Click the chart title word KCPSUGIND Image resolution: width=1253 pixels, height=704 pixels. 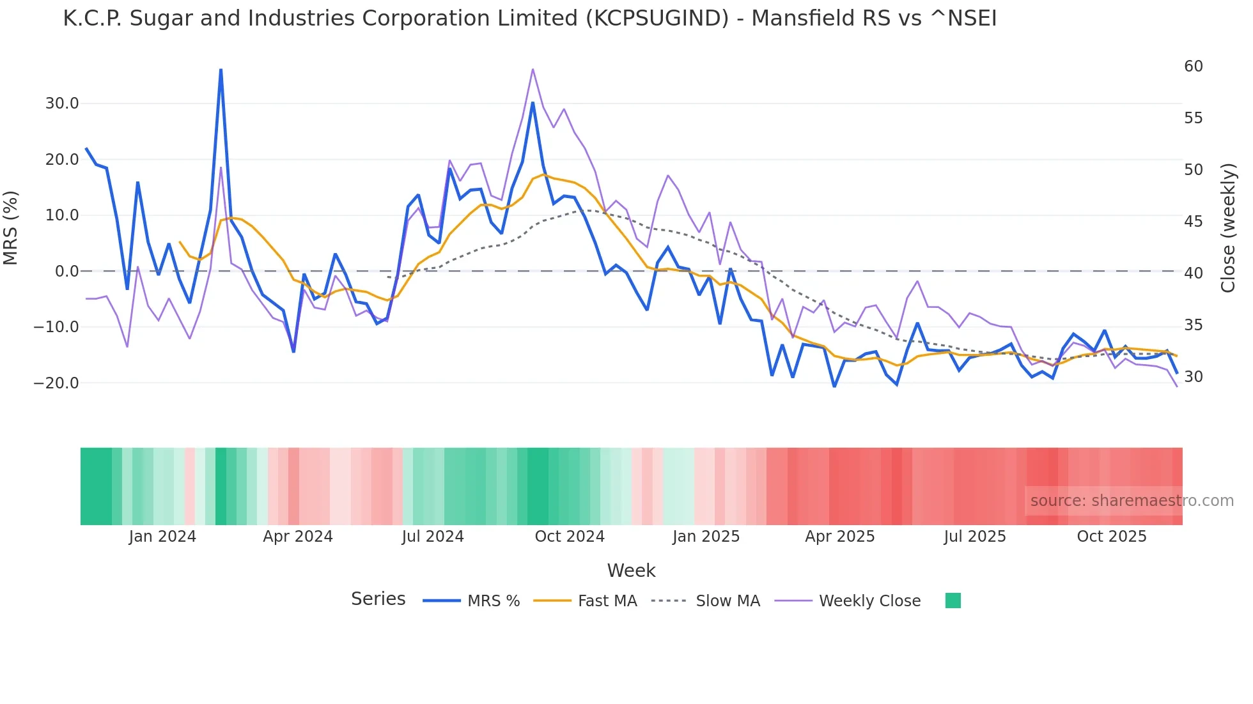coord(657,19)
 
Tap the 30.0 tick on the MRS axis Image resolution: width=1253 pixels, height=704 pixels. coord(61,103)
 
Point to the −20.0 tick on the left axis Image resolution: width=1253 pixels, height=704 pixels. coord(56,383)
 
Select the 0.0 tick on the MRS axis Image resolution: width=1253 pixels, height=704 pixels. coord(66,272)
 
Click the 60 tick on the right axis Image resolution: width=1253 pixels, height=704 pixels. coord(1193,66)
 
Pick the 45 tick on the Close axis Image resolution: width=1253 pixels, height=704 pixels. coord(1193,222)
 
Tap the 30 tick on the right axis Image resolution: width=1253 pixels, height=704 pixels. coord(1193,377)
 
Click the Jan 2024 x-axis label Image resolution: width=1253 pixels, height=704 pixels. coord(162,537)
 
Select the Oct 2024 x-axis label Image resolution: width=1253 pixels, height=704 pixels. coord(570,537)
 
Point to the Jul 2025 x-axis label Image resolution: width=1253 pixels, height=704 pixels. coord(974,537)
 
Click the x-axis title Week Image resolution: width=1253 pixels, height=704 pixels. coord(631,570)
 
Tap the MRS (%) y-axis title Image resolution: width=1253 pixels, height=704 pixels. coord(11,227)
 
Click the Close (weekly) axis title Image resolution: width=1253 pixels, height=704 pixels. coord(1228,228)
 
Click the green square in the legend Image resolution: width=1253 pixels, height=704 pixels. coord(953,601)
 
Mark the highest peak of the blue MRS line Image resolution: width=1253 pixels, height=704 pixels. coord(221,70)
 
